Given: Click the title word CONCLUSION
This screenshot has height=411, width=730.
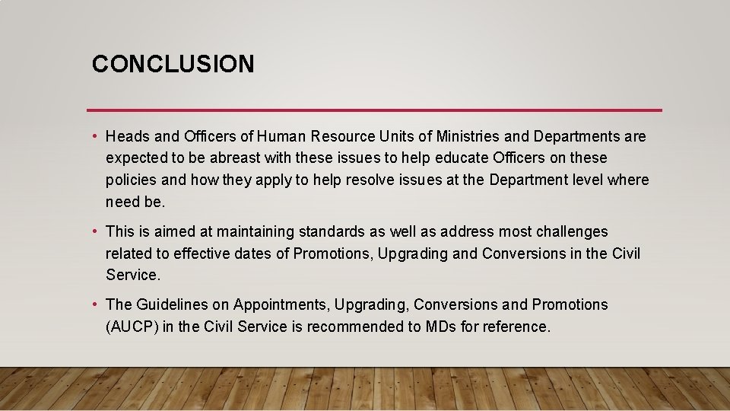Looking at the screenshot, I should [173, 64].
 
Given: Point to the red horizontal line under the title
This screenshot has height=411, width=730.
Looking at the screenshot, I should [374, 110].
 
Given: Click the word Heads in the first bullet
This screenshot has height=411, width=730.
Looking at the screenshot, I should [128, 136].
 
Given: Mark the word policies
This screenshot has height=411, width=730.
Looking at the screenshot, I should [132, 180].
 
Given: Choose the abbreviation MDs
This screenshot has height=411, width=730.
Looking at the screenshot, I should [442, 327].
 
